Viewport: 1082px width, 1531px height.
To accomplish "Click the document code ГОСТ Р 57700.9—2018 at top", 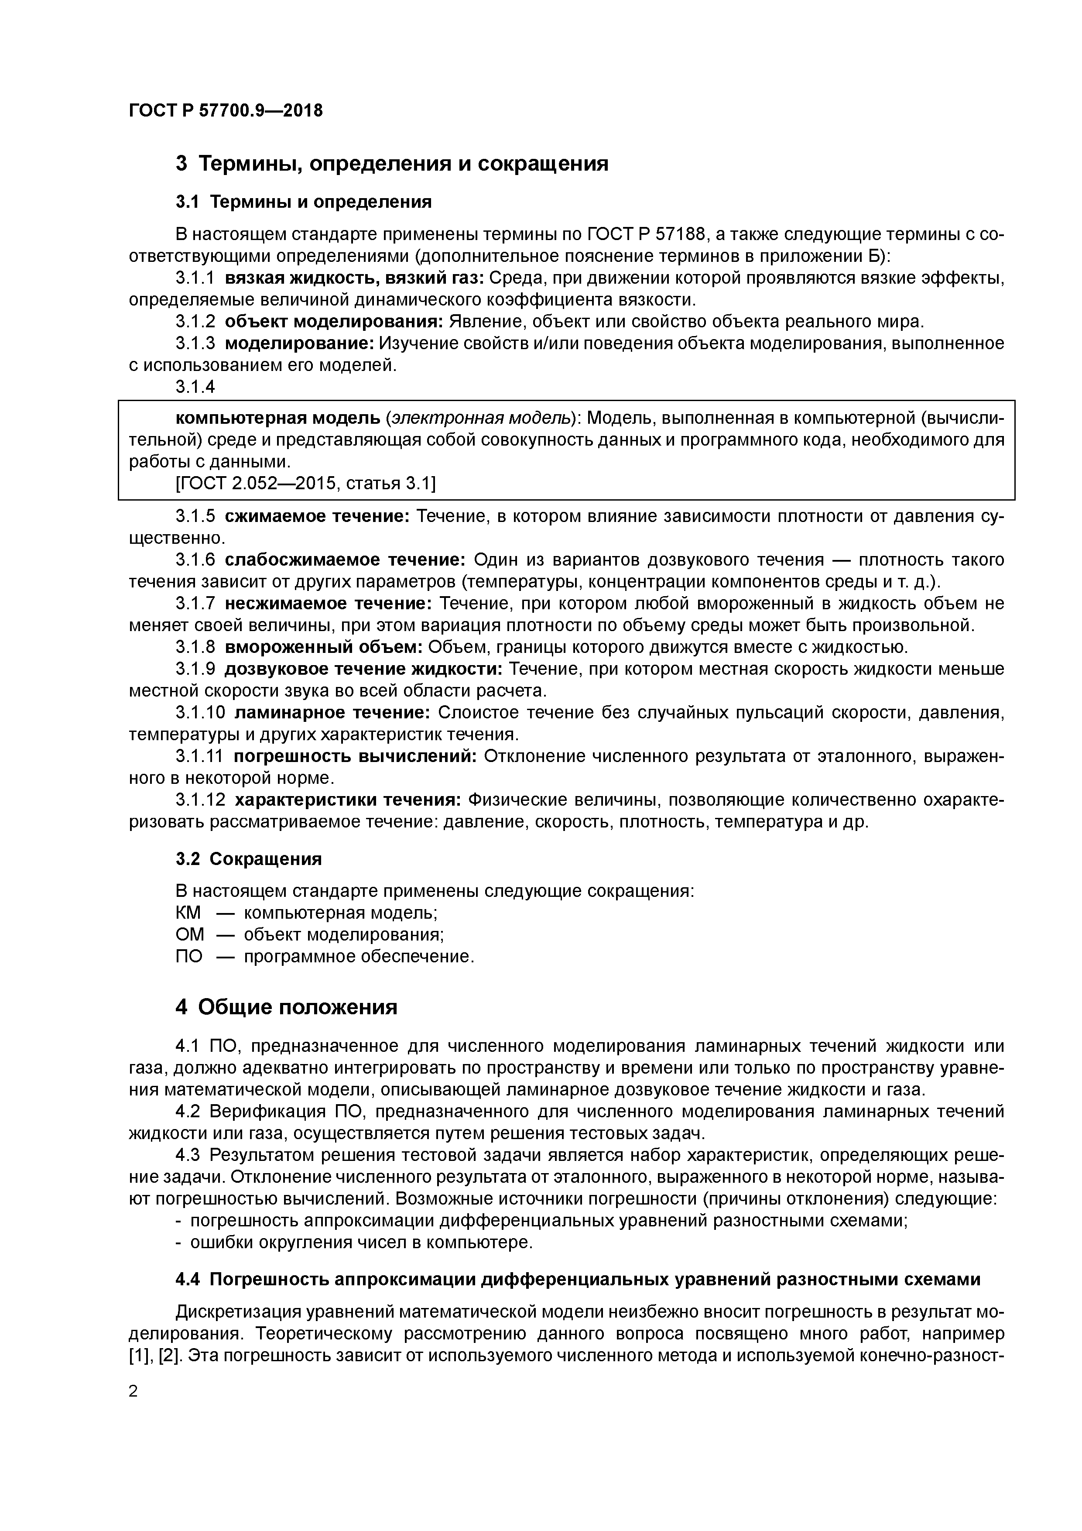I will coord(225,110).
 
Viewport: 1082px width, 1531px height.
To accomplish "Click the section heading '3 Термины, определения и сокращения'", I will coord(392,163).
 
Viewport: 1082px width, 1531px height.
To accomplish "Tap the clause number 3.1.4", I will coord(195,387).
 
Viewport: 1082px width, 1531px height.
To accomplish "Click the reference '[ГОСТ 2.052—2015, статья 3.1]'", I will coord(305,484).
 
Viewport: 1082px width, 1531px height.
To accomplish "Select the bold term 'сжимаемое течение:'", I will coord(317,516).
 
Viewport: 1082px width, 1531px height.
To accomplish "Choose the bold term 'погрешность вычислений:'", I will coord(355,756).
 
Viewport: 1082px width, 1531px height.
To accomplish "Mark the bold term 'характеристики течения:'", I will coord(349,800).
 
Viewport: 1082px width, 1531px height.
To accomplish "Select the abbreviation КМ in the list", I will coord(188,913).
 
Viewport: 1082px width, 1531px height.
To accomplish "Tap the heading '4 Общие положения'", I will coord(287,1007).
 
